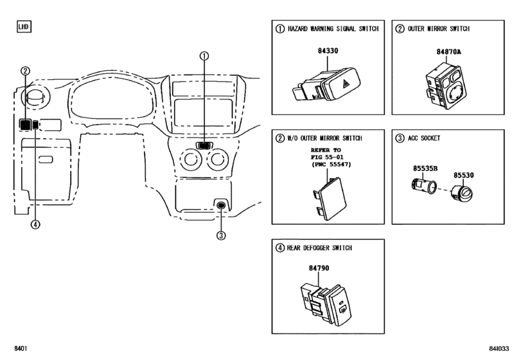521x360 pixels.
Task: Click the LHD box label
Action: [24, 26]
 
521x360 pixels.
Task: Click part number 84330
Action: [328, 51]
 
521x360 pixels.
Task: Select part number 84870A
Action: [448, 52]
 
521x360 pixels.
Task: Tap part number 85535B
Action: [425, 168]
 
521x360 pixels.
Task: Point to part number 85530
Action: [464, 175]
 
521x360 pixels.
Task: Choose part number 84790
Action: [319, 268]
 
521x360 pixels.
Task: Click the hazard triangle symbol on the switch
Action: [346, 84]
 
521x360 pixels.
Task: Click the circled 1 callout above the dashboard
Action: [204, 56]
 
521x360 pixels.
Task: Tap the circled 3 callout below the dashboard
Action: [221, 235]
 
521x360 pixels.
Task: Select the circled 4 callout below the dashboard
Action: [35, 224]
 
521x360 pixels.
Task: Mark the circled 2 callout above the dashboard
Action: [25, 71]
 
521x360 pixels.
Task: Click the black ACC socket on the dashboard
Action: [221, 205]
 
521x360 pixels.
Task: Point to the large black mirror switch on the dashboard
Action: [24, 125]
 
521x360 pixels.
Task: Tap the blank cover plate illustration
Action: [330, 199]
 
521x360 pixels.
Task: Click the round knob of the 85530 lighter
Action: [462, 193]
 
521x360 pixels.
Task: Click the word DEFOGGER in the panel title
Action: [317, 248]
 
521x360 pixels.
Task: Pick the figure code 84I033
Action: [499, 348]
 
